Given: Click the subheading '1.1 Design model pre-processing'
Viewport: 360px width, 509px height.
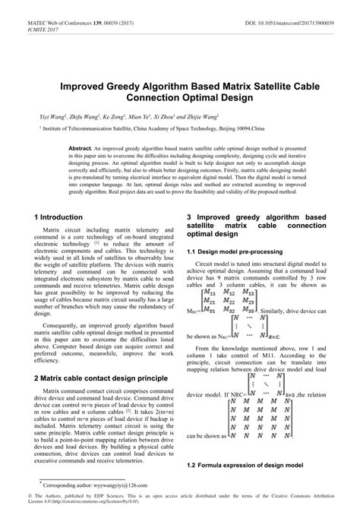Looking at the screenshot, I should tap(236, 251).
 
